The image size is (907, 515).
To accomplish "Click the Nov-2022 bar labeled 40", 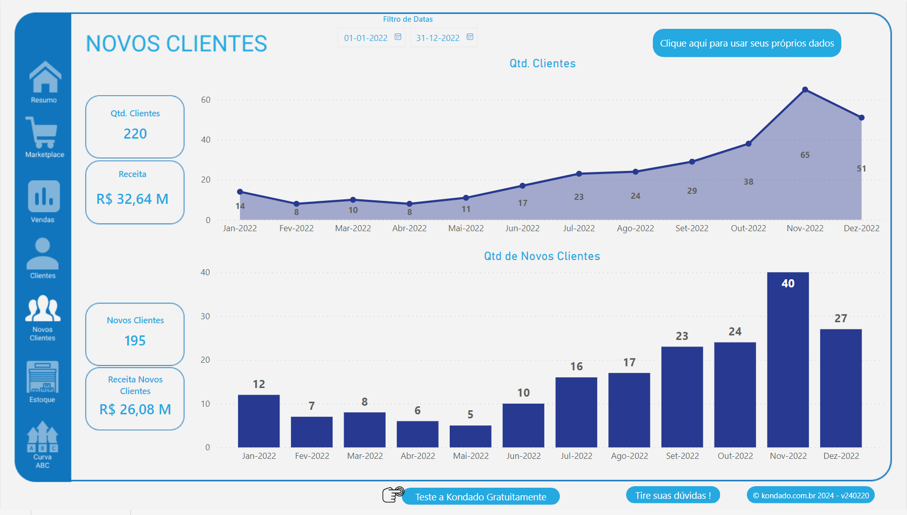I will (788, 359).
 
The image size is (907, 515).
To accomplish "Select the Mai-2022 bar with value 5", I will (470, 436).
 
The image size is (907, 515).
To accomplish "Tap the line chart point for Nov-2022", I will (805, 90).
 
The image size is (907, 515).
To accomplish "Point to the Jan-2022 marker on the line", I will (240, 192).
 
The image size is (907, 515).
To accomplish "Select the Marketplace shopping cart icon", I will (42, 132).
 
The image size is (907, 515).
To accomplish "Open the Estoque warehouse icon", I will (42, 377).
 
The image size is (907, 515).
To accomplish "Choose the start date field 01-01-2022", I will (366, 38).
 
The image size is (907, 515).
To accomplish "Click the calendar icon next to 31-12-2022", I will (470, 37).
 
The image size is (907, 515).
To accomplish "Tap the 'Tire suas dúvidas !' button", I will (673, 495).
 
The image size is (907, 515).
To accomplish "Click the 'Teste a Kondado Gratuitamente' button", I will (481, 497).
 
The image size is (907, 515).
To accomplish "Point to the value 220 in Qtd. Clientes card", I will (135, 134).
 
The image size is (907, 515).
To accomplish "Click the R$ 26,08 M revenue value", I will (135, 409).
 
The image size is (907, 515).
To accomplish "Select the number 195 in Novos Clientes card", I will (135, 340).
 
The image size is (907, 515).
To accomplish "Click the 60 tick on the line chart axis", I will (206, 100).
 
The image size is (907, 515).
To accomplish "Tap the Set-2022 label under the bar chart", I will (682, 456).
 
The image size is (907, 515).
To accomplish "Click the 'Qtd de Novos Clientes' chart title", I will (542, 256).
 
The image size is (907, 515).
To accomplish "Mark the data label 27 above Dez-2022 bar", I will (840, 318).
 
